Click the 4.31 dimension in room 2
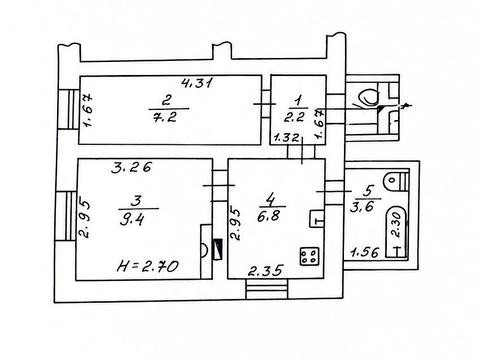196,82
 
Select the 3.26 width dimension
131,167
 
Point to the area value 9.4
133,220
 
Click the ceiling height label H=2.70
148,266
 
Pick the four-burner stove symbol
310,256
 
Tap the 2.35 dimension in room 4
266,270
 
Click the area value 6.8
269,217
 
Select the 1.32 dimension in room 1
286,137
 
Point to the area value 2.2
295,117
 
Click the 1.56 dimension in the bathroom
365,252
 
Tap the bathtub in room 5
396,232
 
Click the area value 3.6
362,207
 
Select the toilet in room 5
396,181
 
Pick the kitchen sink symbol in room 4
317,219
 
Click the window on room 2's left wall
68,109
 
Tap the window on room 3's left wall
66,216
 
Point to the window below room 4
267,289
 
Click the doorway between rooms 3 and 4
220,185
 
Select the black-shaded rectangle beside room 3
217,249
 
